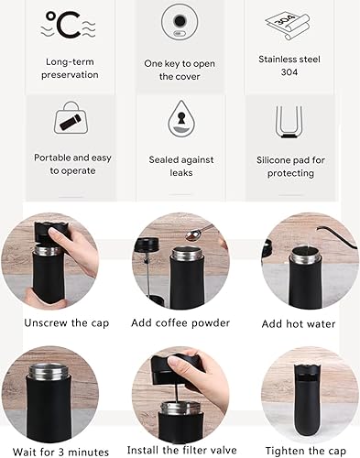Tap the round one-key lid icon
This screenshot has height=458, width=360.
tap(180, 23)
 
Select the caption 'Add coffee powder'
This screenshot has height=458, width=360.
tap(180, 322)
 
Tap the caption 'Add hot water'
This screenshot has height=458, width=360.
tap(300, 323)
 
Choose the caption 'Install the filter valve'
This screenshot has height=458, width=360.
tap(180, 451)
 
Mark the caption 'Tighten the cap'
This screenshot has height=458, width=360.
tap(300, 451)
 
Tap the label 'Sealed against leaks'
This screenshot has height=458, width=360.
tap(180, 166)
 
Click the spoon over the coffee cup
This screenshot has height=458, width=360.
tap(195, 234)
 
